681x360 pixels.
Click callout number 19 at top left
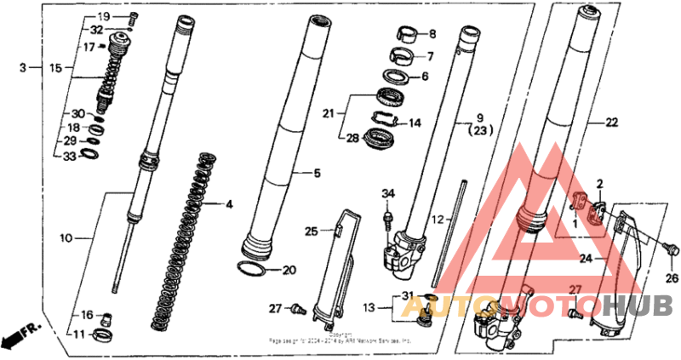coord(103,17)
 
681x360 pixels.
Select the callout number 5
coord(317,174)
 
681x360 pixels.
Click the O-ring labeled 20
coord(251,270)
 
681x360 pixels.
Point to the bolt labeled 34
coord(389,220)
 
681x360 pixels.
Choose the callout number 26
coord(672,277)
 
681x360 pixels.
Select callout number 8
coord(432,34)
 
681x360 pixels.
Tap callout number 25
coord(312,231)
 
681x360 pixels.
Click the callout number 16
coord(87,316)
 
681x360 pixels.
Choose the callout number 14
coord(415,123)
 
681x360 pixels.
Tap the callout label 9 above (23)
coord(479,116)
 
